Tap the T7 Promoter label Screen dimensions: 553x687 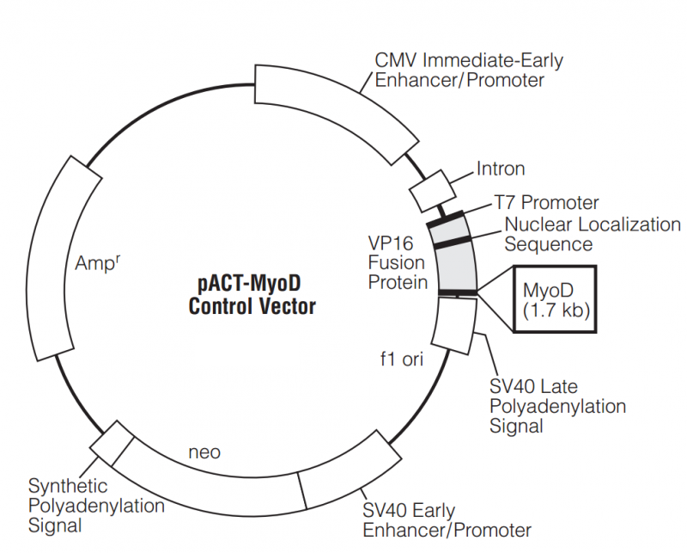[546, 203]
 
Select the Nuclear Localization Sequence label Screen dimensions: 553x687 [592, 234]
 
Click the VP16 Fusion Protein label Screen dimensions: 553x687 [398, 261]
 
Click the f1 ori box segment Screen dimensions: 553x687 [453, 327]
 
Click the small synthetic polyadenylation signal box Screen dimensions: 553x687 [112, 443]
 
